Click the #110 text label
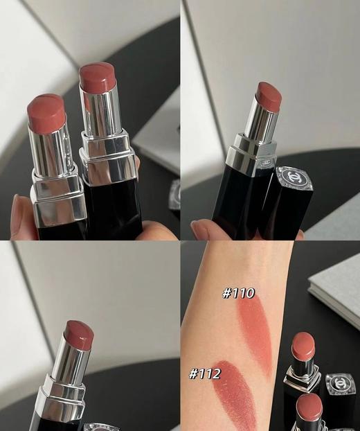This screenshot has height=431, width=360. (x=239, y=293)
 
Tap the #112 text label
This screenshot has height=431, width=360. (x=205, y=374)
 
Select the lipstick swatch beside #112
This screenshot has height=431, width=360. (x=232, y=398)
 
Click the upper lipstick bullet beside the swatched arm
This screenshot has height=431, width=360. (x=303, y=344)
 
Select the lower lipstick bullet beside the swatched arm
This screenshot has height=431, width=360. (x=308, y=409)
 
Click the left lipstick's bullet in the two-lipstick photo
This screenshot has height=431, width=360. (x=46, y=111)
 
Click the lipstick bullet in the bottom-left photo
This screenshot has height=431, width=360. (x=78, y=335)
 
